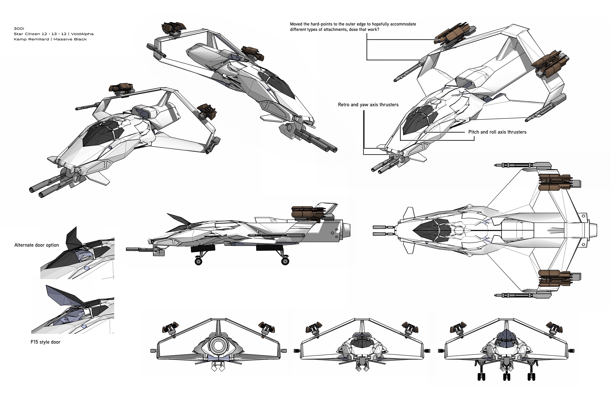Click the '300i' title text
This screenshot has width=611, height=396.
pos(19,29)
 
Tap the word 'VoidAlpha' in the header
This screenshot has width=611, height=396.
pos(82,34)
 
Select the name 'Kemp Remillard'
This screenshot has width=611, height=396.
pos(31,39)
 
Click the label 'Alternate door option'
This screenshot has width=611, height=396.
pos(36,245)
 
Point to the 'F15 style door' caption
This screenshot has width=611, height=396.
pos(45,342)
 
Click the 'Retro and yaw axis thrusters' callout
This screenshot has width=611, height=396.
pos(368,105)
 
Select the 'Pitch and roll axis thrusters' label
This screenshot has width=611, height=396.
pos(497,132)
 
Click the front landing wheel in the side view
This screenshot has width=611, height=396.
pos(198,262)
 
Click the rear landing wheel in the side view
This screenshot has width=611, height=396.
pos(285,261)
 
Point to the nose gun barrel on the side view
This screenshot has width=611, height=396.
pos(136,249)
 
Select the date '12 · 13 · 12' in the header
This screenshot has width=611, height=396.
pos(54,34)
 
